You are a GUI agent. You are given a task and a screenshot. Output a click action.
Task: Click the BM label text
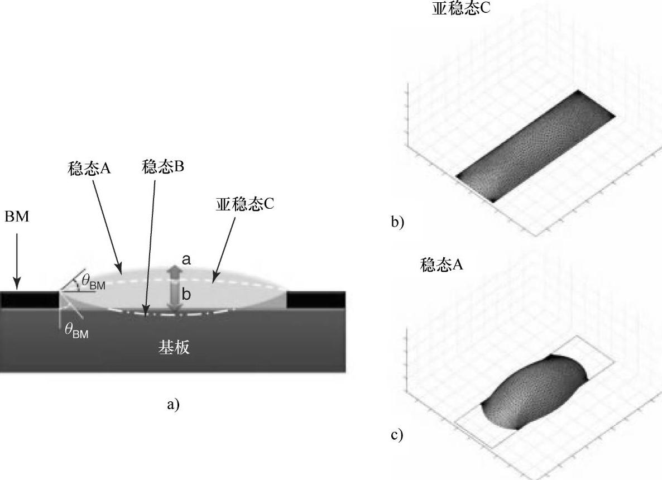(17, 217)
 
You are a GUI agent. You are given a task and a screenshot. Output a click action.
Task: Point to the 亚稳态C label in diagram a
(245, 204)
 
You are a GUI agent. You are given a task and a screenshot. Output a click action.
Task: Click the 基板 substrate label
(174, 348)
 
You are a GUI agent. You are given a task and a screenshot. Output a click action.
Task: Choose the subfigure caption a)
(174, 404)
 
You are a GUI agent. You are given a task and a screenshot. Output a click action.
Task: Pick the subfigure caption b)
(397, 222)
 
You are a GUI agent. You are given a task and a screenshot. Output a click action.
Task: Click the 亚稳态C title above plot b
(461, 8)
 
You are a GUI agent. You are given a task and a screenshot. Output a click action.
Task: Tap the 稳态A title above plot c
(442, 266)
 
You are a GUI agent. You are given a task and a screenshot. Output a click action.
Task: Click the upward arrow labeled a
(174, 274)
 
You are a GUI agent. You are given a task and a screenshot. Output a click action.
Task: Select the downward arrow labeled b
(174, 300)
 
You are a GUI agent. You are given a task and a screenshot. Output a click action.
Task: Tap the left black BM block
(30, 300)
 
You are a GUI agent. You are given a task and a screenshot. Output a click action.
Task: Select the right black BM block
(315, 300)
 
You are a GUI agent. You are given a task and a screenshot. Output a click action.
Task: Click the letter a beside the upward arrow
(187, 259)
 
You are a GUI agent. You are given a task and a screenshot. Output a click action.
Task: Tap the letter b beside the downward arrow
(186, 295)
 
